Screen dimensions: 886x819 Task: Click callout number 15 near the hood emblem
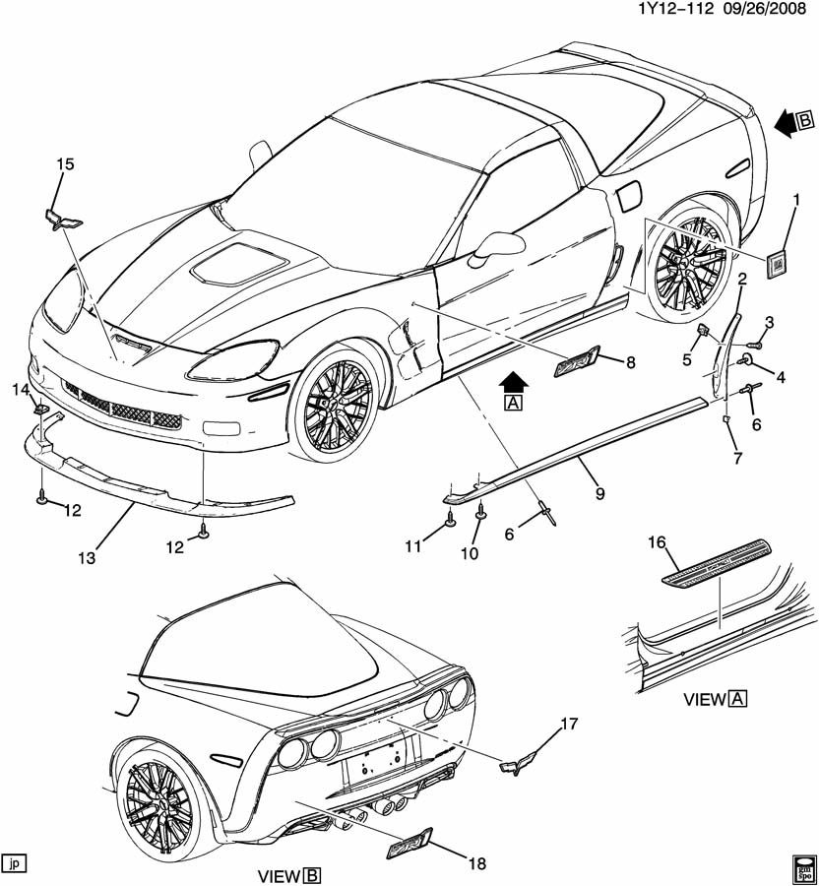pos(65,164)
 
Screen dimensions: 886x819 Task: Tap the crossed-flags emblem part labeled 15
pos(61,218)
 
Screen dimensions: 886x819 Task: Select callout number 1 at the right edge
pos(795,201)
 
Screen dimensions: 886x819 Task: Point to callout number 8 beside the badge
pos(631,362)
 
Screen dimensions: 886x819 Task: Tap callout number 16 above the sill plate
pos(657,540)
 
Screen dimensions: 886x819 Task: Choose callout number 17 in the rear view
pos(569,726)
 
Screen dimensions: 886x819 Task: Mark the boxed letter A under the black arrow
pos(512,402)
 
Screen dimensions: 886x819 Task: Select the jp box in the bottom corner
pos(14,863)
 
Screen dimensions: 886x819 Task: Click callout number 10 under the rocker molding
pos(470,554)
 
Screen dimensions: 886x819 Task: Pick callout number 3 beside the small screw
pos(770,322)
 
